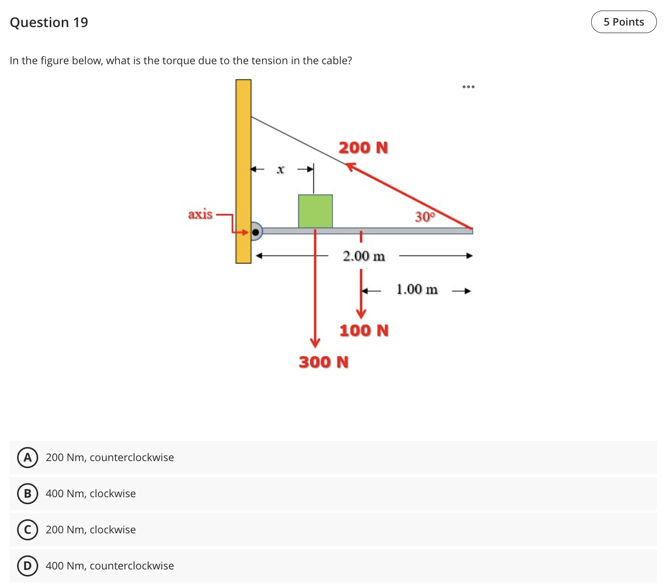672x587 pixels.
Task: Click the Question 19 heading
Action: point(49,23)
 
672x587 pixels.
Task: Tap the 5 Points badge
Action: point(623,22)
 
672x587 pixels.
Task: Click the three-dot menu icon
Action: point(468,87)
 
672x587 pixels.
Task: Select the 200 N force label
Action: point(363,148)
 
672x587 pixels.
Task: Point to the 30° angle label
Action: point(425,217)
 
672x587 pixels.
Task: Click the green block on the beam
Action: point(315,211)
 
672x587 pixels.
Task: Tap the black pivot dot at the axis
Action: point(256,232)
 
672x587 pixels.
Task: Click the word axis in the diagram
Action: point(200,214)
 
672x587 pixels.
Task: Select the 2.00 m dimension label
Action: point(364,256)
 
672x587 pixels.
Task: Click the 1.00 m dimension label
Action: point(417,289)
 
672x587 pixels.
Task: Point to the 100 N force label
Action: point(364,331)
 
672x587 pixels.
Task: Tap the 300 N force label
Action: point(323,362)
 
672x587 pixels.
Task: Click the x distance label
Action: point(281,170)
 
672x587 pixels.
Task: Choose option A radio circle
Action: point(28,458)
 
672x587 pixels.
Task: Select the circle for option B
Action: point(28,494)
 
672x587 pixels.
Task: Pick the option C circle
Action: point(28,530)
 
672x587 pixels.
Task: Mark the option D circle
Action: point(28,566)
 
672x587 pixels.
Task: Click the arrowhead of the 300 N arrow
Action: point(315,343)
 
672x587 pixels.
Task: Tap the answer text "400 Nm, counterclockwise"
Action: point(109,566)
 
